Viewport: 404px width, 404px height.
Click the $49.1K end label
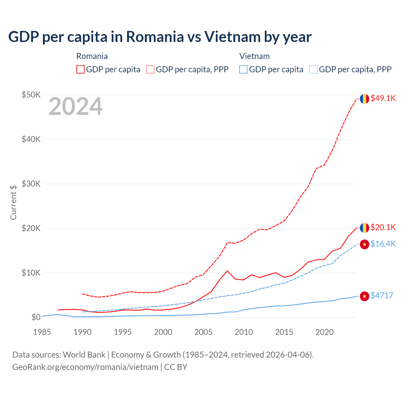tap(383, 98)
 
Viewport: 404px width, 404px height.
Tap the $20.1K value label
tap(383, 227)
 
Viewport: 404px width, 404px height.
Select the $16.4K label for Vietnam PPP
tap(383, 244)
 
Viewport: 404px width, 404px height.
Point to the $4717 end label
tap(382, 295)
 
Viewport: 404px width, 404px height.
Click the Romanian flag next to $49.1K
tap(365, 98)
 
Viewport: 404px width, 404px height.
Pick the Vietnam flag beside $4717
tap(365, 296)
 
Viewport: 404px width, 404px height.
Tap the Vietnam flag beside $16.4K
tap(365, 244)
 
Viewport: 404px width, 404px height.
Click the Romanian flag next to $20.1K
tap(365, 228)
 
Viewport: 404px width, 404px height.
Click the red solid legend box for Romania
tap(80, 69)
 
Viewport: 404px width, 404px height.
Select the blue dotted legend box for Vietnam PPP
tap(313, 69)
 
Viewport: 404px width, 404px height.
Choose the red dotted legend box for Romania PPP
tap(150, 69)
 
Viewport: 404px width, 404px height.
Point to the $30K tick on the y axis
tap(31, 184)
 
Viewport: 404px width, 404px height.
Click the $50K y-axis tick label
tap(31, 95)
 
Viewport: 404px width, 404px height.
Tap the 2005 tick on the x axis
tap(203, 332)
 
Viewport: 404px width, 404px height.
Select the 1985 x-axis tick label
tap(42, 332)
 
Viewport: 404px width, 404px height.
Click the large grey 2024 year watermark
tap(75, 107)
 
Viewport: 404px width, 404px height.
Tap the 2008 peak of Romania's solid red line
tap(228, 271)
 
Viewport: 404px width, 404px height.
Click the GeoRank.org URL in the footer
tap(85, 367)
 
